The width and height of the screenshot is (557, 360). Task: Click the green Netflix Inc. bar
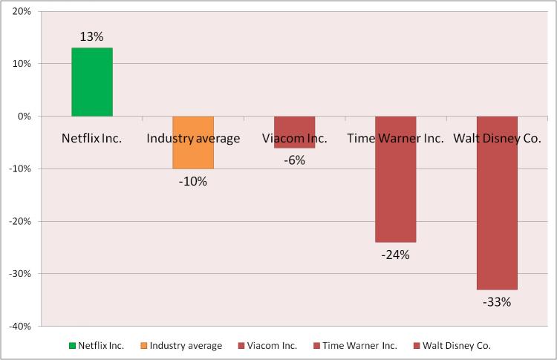click(x=92, y=82)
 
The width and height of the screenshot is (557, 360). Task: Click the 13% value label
click(x=92, y=36)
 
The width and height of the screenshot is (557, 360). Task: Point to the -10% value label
click(x=193, y=181)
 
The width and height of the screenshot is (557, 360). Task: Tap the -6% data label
click(x=294, y=160)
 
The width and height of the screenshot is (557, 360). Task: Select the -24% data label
click(x=395, y=255)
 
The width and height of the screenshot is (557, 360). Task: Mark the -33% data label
click(x=497, y=301)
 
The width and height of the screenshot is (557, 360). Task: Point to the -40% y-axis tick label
click(x=19, y=326)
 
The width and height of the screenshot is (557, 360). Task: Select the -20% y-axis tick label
click(x=19, y=221)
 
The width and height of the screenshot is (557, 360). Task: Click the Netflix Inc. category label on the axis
click(x=92, y=138)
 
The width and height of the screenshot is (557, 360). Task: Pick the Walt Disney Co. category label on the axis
click(x=497, y=138)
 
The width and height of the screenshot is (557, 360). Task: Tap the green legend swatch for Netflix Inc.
click(x=71, y=345)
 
